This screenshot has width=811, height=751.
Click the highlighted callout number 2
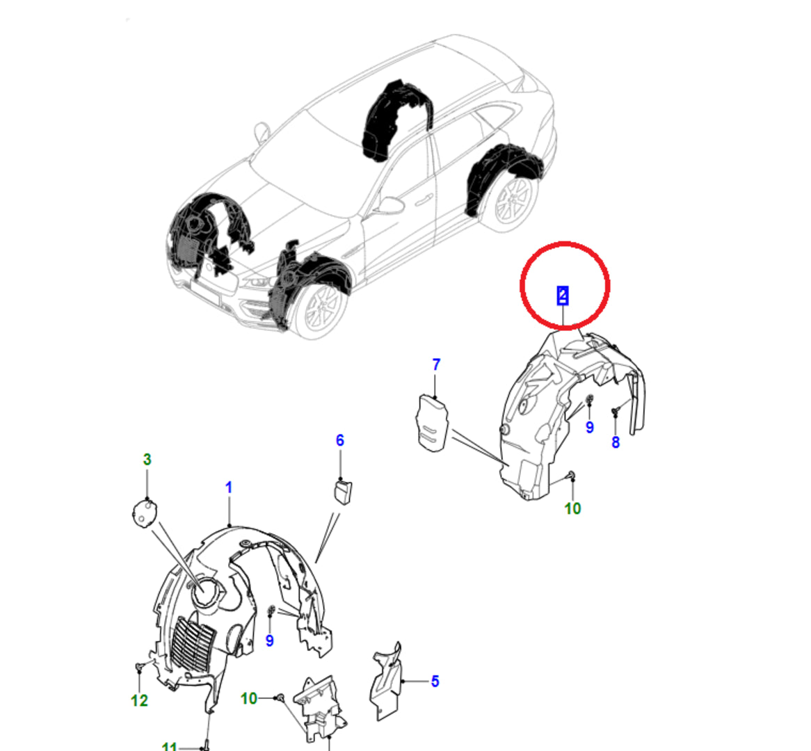563,296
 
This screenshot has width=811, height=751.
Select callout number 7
436,364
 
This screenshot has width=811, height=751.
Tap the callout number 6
340,440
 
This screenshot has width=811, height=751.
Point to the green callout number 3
147,459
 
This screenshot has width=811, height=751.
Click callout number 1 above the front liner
229,487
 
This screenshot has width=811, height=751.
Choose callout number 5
435,681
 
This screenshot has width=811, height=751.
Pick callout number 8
616,442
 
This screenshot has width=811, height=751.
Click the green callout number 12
139,700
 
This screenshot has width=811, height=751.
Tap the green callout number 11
169,746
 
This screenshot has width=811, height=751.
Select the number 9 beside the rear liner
590,427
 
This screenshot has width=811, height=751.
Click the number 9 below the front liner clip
269,640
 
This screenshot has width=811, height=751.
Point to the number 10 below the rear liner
572,508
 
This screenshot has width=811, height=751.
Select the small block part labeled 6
342,491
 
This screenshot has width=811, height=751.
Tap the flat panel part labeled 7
433,423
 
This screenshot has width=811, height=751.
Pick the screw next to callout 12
139,668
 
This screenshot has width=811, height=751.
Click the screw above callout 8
615,412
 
